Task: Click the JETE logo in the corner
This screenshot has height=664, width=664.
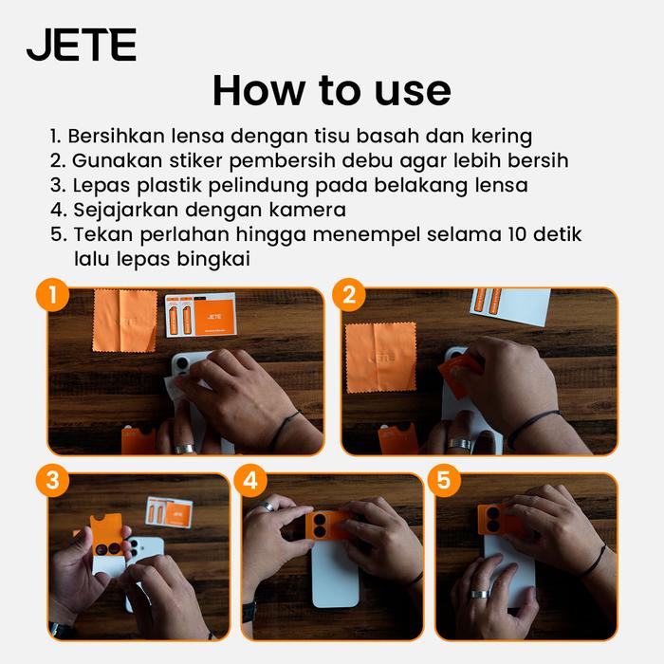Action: coord(82,45)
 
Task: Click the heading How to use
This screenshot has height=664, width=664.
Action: coord(332,91)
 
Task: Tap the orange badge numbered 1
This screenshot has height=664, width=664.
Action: coord(52,295)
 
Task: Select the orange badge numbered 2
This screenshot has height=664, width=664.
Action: coord(349,295)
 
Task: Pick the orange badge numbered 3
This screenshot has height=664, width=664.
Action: coord(52,481)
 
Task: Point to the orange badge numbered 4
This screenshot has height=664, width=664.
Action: coord(250,481)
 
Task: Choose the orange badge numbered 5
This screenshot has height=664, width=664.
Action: coord(444,481)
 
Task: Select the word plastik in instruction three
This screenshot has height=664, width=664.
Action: coord(170,186)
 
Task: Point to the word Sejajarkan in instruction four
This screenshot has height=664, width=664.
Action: coord(125,210)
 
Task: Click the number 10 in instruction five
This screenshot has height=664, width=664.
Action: coord(517,234)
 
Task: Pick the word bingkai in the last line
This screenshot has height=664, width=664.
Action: coord(213,259)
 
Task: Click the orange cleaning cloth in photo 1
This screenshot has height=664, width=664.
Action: coord(125,321)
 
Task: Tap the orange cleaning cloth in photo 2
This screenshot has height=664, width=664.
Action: coord(381,358)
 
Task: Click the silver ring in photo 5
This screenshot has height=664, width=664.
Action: coord(480,594)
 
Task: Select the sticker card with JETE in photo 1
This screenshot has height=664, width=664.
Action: coord(200,315)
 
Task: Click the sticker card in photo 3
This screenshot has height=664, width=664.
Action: coord(170,512)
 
